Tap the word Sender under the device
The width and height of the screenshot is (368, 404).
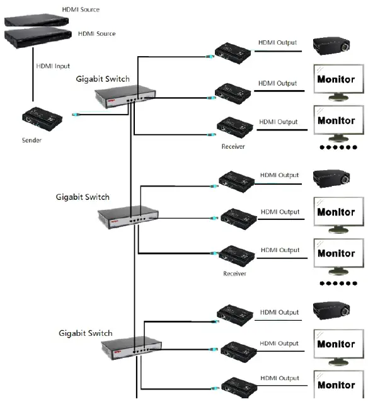point(32,140)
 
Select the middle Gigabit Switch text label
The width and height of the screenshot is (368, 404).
point(83,197)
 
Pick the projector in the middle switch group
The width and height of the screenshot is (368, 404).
point(331,180)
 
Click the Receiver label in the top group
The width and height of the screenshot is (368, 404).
point(233,146)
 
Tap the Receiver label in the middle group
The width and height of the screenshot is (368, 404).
point(234,274)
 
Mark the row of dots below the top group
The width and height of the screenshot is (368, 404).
point(338,147)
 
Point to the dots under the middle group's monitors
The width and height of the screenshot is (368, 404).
point(338,284)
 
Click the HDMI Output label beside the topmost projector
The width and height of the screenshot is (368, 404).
point(277,43)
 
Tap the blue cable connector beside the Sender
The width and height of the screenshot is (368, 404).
point(74,115)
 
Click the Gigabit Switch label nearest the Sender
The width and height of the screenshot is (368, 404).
point(103,79)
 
